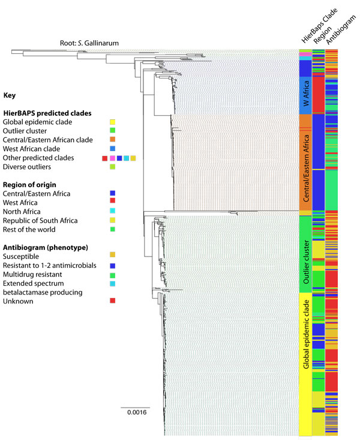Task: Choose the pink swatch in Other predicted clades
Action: click(112, 158)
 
